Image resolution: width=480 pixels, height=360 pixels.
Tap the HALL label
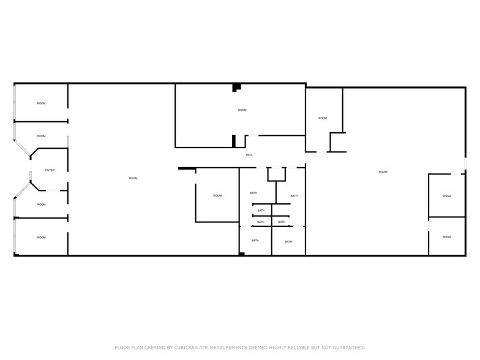tap(249, 155)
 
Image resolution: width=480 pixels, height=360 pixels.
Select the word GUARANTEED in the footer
tap(348, 347)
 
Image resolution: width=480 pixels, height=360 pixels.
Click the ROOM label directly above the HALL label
tap(242, 110)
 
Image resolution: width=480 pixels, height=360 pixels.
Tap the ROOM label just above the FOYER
tap(41, 136)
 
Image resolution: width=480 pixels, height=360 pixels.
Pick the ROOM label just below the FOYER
tap(41, 204)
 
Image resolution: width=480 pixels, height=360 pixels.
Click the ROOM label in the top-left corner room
tap(41, 103)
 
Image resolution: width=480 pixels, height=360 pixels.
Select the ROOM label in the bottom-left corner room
tap(41, 238)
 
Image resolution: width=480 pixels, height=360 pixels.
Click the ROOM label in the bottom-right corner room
tap(447, 237)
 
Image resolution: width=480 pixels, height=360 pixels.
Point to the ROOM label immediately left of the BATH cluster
tap(217, 195)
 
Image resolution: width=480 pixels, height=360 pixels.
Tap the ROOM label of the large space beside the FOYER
tap(133, 178)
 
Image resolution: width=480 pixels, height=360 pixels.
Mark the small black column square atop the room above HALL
tap(236, 88)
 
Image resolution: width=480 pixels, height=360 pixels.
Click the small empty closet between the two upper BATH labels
tap(277, 173)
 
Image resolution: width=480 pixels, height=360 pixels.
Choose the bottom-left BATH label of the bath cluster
tap(255, 241)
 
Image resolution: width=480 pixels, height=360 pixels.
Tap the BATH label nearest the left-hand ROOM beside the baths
tap(253, 193)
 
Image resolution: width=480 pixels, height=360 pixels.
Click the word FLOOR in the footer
tap(122, 347)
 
